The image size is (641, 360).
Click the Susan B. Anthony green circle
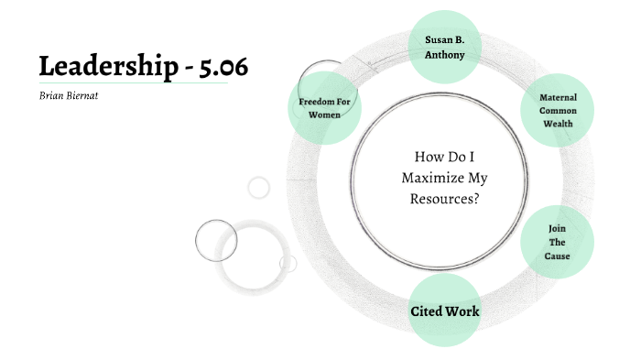[x=445, y=47]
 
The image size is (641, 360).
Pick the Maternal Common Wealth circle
[x=558, y=110]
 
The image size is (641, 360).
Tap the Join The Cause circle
[x=558, y=242]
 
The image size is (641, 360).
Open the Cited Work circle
[x=445, y=311]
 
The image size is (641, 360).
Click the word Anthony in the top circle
[x=445, y=55]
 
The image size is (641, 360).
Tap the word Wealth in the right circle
[x=558, y=124]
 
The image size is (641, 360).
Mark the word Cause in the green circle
[x=558, y=256]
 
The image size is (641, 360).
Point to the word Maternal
[x=558, y=96]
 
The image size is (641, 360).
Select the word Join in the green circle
[x=558, y=227]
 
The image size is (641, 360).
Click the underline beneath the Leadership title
[x=133, y=83]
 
